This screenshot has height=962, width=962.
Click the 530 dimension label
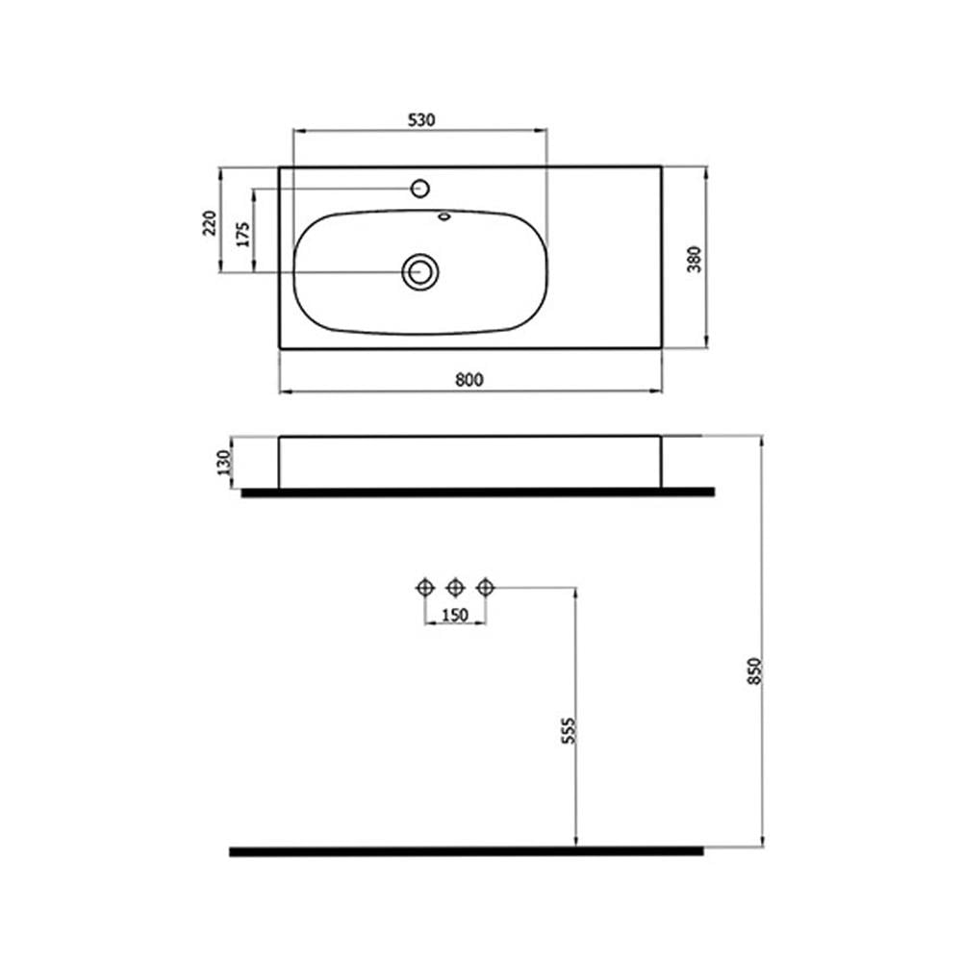tap(421, 119)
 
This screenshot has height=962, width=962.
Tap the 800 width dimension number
tap(469, 380)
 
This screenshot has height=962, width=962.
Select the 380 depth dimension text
tap(694, 259)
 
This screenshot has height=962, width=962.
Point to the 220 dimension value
tap(210, 223)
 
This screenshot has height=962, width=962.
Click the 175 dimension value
tap(243, 235)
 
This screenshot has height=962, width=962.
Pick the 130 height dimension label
tap(224, 463)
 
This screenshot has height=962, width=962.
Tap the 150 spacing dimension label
tap(455, 614)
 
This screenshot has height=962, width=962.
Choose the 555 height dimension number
tap(570, 731)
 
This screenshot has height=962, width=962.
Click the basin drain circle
tap(420, 271)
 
